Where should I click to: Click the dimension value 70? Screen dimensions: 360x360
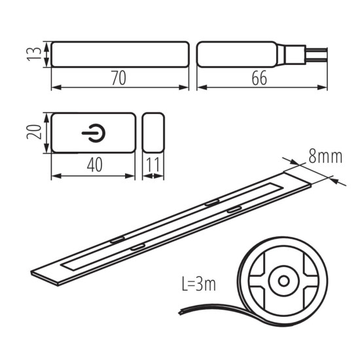click(x=119, y=77)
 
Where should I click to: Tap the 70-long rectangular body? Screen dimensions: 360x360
click(x=120, y=54)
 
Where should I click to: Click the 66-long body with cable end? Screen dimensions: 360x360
click(x=236, y=54)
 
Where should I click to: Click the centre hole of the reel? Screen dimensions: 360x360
click(x=283, y=280)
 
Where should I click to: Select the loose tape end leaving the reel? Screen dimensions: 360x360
click(x=196, y=309)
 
